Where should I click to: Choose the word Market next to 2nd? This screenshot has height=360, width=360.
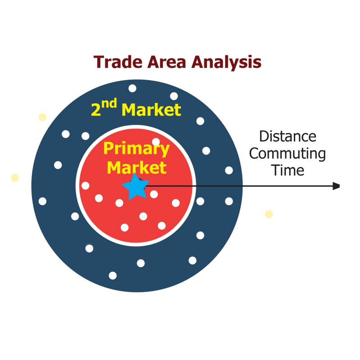[x=151, y=110]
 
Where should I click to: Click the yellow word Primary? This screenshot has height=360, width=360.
[x=136, y=148]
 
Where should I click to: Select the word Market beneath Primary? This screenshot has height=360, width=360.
[x=136, y=168]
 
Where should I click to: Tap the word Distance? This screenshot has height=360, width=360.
[x=288, y=136]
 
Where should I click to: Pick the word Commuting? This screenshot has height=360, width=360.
[x=287, y=153]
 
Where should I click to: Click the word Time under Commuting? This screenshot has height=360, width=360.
[x=288, y=170]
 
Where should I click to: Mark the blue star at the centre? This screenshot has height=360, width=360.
[x=135, y=187]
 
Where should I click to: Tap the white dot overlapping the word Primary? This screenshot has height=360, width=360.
[x=156, y=142]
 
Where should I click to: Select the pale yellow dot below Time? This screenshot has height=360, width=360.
[x=269, y=214]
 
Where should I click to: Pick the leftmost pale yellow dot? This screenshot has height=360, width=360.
[x=15, y=178]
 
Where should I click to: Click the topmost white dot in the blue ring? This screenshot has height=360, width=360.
[x=132, y=88]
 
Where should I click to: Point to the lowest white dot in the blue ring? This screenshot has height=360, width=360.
[x=112, y=275]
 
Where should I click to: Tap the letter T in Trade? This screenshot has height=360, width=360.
[x=99, y=62]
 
